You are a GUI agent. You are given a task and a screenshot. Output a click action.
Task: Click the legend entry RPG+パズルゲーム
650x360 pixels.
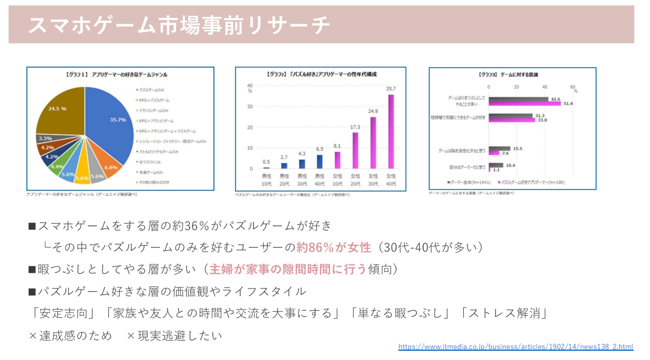pyautogui.click(x=154, y=100)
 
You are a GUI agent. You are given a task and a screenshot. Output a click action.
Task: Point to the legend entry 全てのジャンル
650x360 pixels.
pyautogui.click(x=151, y=161)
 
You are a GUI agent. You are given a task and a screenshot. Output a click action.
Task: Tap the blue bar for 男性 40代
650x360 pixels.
pyautogui.click(x=319, y=162)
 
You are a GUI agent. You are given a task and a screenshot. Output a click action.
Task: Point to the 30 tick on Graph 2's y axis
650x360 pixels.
pyautogui.click(x=250, y=107)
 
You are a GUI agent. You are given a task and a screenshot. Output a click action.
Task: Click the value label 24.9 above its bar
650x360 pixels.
pyautogui.click(x=373, y=112)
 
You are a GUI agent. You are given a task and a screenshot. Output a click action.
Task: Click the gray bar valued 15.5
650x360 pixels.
pyautogui.click(x=499, y=148)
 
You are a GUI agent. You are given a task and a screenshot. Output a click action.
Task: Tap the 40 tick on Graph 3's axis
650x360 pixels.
pyautogui.click(x=545, y=87)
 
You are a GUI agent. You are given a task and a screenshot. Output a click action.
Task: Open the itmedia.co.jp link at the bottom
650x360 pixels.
pyautogui.click(x=516, y=346)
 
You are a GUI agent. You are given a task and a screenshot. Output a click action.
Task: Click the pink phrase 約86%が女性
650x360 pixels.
pyautogui.click(x=334, y=247)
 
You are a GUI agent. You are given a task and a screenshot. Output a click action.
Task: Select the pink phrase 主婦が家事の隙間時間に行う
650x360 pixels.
pyautogui.click(x=288, y=269)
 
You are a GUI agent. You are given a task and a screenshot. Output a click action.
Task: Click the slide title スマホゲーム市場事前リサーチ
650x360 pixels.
pyautogui.click(x=178, y=24)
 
